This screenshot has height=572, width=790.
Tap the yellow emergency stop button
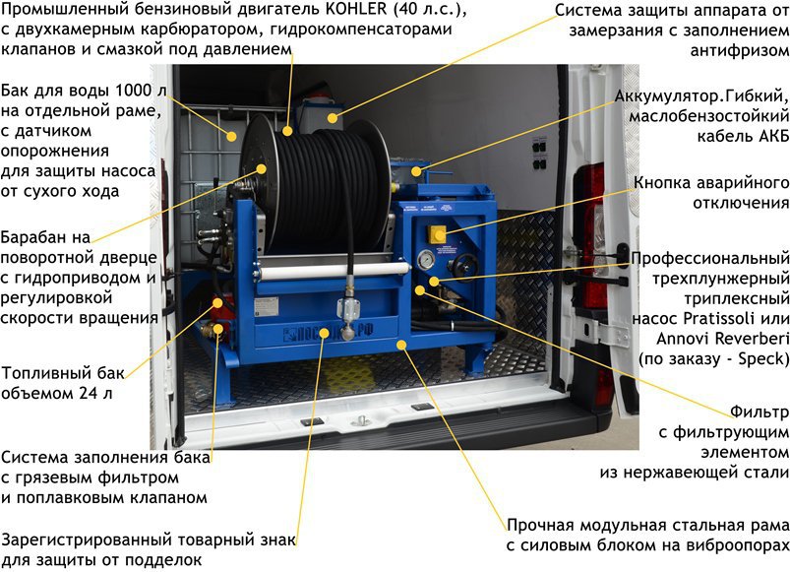point(436,234)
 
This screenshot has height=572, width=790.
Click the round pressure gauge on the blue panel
point(426,260)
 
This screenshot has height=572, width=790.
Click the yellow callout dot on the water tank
point(232,136)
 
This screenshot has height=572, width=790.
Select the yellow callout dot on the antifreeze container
point(332,118)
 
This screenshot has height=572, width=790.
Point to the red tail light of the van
point(593,237)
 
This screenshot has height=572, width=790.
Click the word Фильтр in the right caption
point(760,413)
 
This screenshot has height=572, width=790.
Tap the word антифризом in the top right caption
point(740,51)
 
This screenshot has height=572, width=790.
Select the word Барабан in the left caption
point(45,237)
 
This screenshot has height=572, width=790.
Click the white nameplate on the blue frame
point(266,306)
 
